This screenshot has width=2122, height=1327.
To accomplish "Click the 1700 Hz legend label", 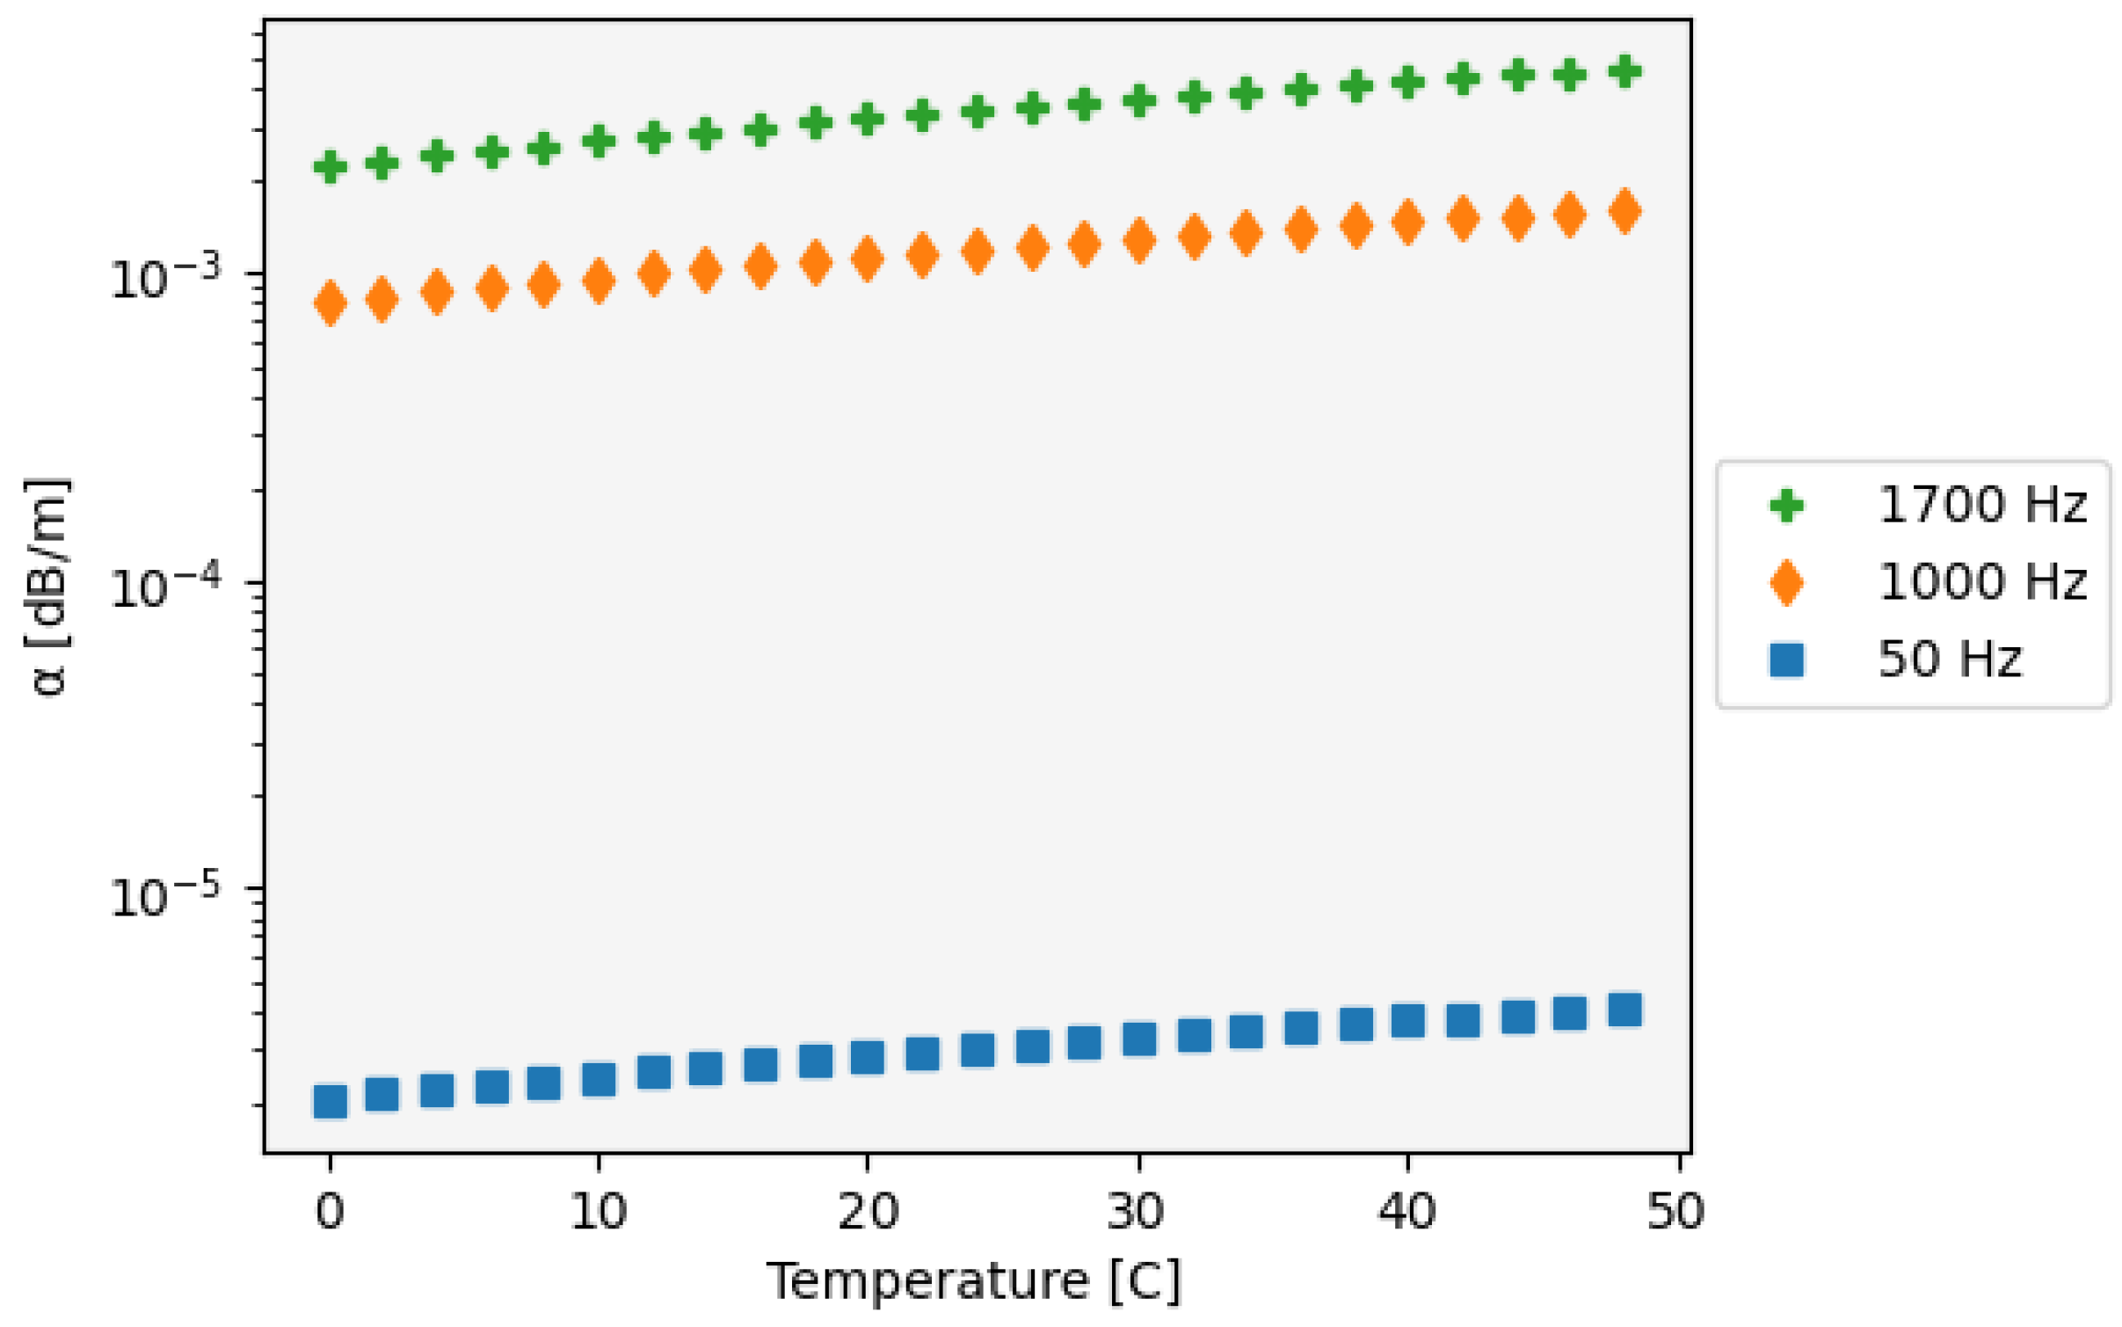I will click(x=1981, y=505).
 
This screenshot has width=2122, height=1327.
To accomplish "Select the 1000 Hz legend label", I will click(x=1981, y=581).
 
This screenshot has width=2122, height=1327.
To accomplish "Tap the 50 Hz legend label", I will click(x=1950, y=659).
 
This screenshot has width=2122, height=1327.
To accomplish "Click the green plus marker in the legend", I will click(x=1786, y=506).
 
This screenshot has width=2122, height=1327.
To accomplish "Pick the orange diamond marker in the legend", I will click(x=1786, y=582).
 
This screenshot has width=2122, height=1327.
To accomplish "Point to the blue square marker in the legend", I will click(x=1786, y=660).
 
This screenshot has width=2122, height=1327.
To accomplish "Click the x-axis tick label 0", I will click(x=330, y=1211).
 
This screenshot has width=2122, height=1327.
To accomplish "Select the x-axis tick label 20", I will click(x=868, y=1211).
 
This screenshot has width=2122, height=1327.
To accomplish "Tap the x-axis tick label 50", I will click(x=1675, y=1211).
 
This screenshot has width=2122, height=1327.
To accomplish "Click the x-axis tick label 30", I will click(x=1137, y=1211).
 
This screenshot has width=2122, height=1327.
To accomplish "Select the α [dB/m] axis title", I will click(x=48, y=587).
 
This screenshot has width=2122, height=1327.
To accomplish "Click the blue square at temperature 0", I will click(x=330, y=1100).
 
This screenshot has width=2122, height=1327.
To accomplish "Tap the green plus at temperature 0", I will click(x=330, y=166).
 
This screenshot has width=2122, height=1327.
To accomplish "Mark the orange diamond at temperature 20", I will click(x=868, y=259).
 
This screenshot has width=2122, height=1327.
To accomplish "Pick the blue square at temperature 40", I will click(x=1407, y=1020).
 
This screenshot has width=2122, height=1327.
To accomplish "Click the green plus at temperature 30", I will click(x=1139, y=101).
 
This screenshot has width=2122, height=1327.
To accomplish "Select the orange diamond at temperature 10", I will click(x=599, y=281).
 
